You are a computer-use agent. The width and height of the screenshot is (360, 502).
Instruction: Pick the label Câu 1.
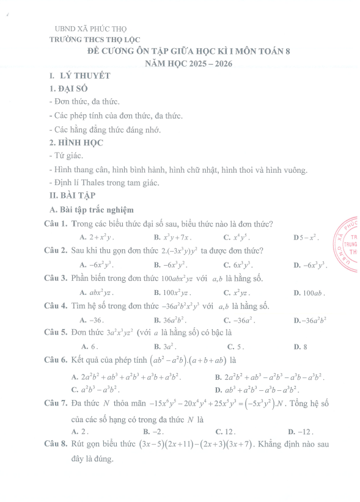[56, 224]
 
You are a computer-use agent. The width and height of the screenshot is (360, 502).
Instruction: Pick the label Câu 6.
[56, 361]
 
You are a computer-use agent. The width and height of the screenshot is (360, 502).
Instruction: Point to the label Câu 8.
[56, 445]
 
